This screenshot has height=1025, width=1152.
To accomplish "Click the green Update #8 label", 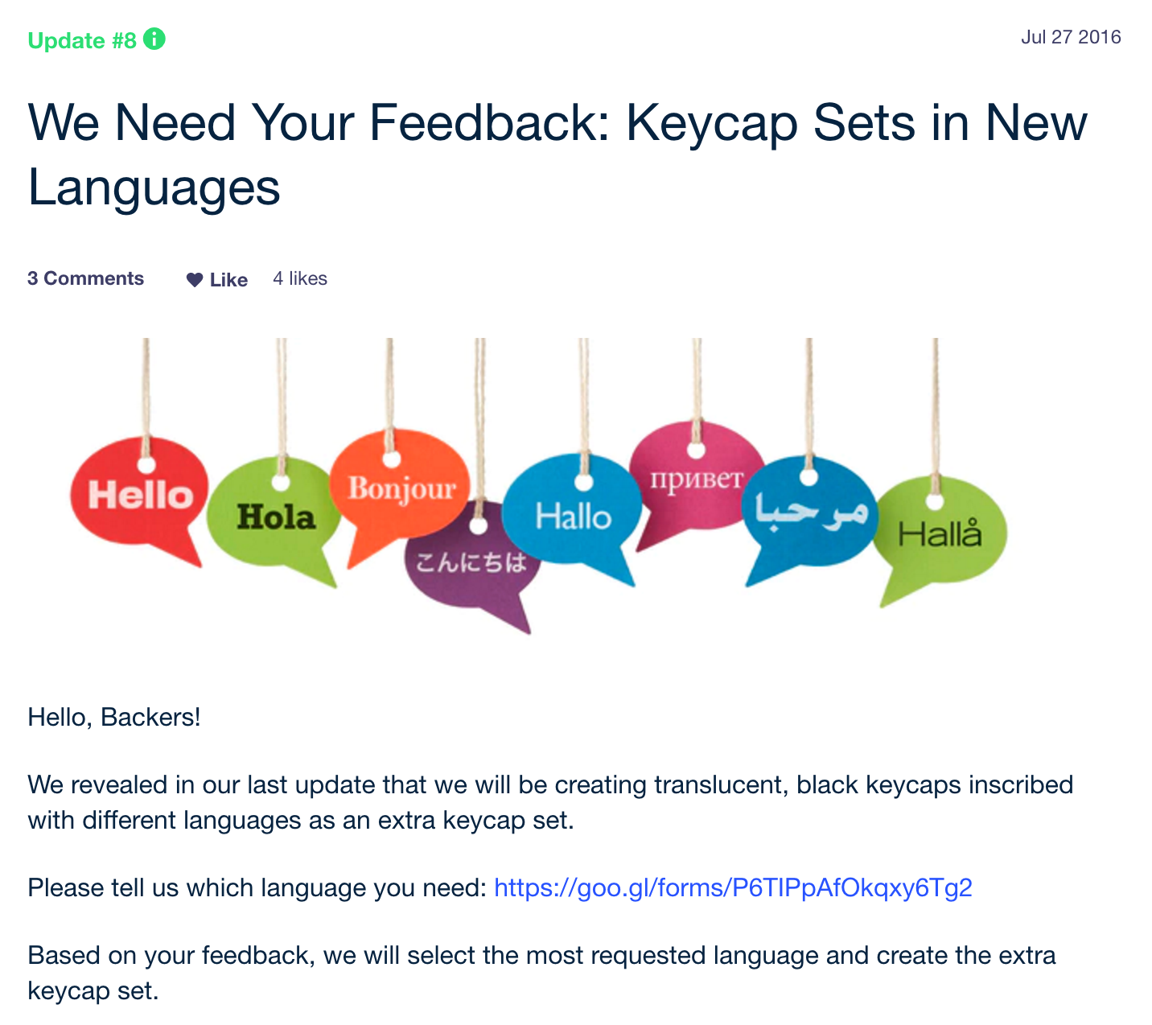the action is [x=82, y=40].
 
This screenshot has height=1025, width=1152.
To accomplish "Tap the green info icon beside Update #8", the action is [x=154, y=39].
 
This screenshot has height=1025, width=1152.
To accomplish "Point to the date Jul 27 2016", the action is [x=1071, y=37].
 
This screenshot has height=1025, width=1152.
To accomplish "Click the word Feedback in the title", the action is [x=489, y=122].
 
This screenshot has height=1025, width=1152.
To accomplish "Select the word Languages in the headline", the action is [x=154, y=187].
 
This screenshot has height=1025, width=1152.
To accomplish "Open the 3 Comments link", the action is [x=86, y=278].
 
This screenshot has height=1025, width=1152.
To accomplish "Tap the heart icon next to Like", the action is [x=195, y=280].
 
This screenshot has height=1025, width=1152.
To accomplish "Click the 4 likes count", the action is [x=299, y=278].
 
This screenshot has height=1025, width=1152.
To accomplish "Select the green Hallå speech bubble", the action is [x=940, y=535].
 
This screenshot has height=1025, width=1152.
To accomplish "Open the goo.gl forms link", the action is [x=733, y=887].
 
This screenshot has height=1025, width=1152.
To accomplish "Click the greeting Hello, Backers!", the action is [x=114, y=717].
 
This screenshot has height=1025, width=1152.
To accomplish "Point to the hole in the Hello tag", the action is [x=146, y=465].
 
